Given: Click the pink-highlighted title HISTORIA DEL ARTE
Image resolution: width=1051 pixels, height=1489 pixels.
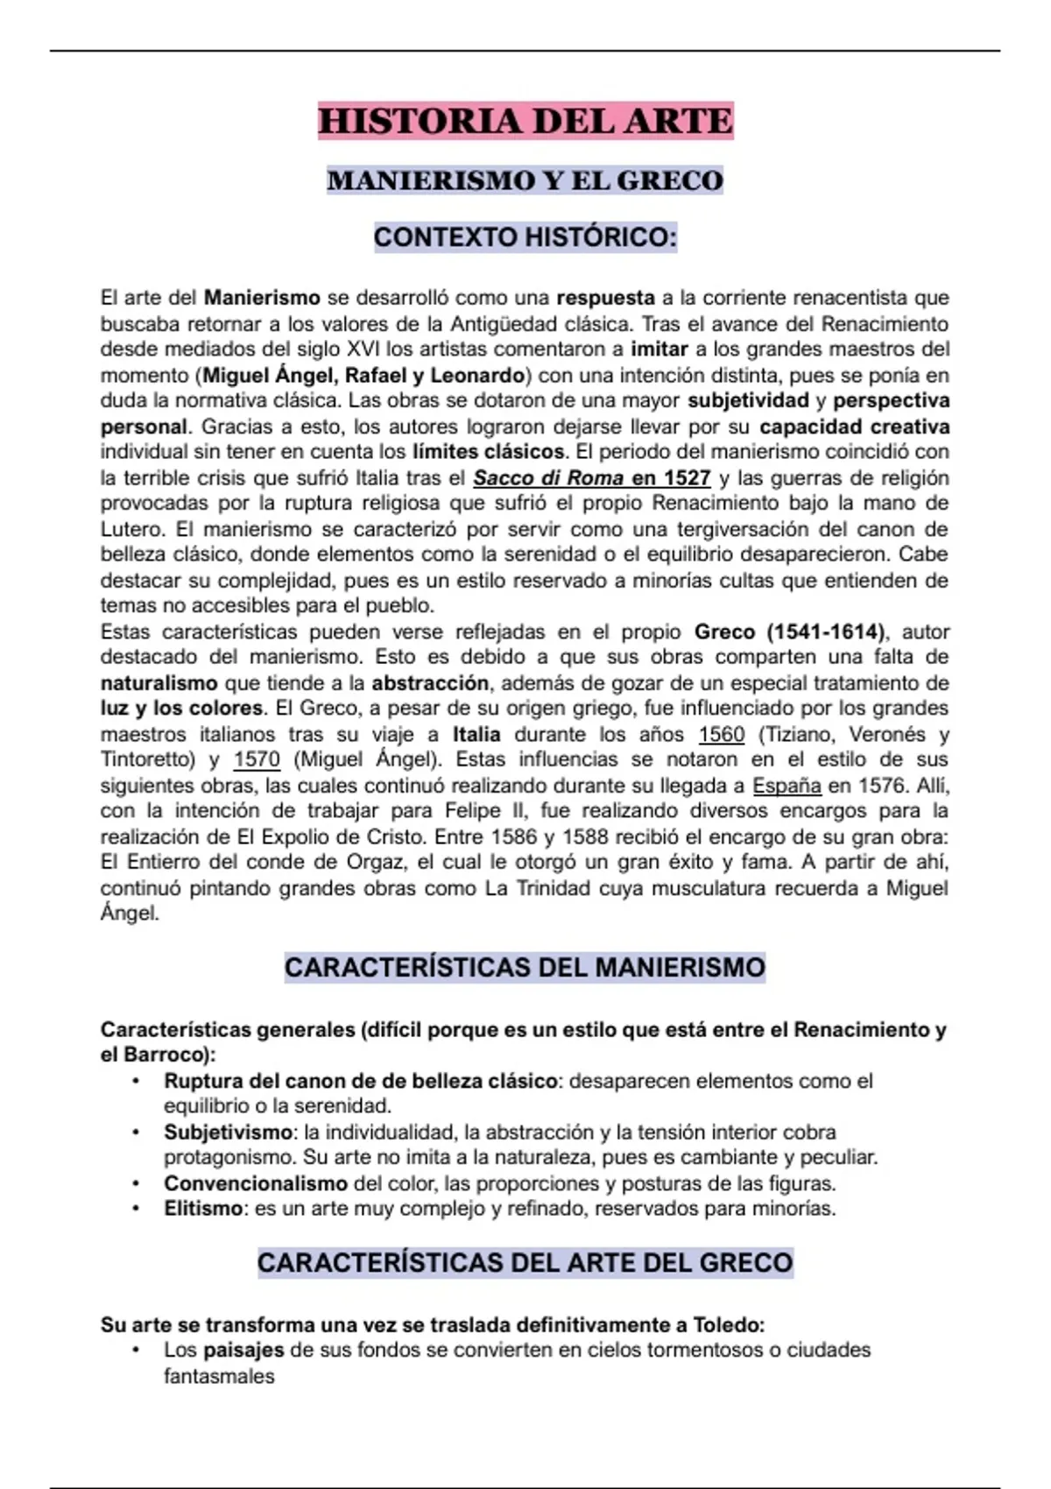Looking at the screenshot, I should tap(525, 121).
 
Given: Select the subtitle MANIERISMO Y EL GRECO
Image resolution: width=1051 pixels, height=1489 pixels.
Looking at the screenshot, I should tap(525, 180).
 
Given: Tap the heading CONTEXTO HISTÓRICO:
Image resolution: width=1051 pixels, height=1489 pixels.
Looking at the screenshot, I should tap(525, 237).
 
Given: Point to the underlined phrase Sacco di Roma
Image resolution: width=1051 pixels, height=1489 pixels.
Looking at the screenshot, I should tap(548, 478).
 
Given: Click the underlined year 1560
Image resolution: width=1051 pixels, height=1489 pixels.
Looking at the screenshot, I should tap(721, 734).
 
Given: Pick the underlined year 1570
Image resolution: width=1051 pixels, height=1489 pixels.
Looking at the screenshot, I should tap(257, 759).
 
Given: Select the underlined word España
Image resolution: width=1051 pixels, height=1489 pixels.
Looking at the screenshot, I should tap(786, 786).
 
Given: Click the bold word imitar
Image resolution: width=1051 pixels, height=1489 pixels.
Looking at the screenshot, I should tap(659, 349).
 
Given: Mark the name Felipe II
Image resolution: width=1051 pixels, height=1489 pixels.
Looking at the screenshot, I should tap(485, 811).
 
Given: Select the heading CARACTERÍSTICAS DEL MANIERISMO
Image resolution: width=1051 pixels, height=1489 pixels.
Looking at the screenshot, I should tap(525, 968).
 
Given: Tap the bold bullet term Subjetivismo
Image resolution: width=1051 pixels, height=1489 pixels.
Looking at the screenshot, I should tap(228, 1133).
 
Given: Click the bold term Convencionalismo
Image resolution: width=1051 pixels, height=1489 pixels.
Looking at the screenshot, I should tap(256, 1183).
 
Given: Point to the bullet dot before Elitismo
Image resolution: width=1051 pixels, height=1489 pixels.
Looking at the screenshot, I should tap(136, 1209).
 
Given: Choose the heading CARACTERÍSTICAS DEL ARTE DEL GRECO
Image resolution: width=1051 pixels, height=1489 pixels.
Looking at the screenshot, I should tap(525, 1263).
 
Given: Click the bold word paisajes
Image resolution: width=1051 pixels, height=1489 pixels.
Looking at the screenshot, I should tap(243, 1350).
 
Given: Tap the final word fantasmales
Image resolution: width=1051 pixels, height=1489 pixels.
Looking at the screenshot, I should tap(219, 1376).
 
